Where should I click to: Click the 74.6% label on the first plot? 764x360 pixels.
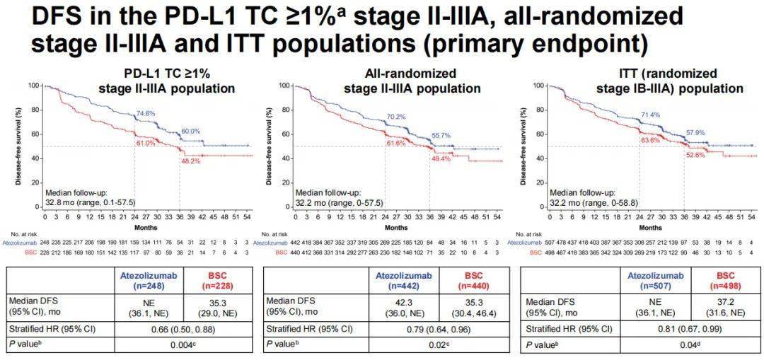tap(146, 113)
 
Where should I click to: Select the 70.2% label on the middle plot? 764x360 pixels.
tap(395, 117)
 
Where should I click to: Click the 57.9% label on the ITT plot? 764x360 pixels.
tap(695, 133)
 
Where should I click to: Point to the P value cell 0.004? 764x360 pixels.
tap(186, 344)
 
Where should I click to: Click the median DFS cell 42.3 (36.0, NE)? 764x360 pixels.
tap(400, 305)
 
